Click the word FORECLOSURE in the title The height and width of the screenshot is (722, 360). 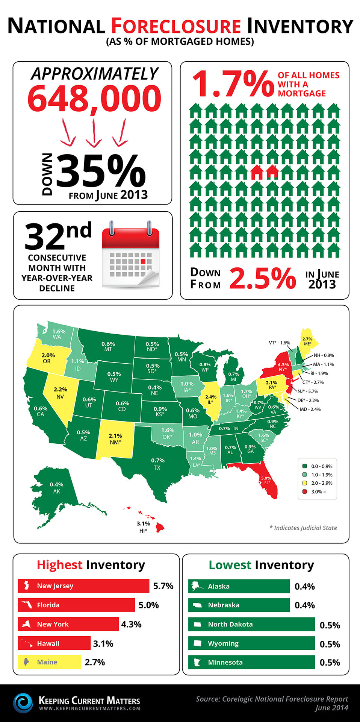coord(176,26)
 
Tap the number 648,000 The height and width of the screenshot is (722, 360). coord(94,99)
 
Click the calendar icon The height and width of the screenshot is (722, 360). coord(131,255)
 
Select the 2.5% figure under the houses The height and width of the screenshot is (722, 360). coord(263,279)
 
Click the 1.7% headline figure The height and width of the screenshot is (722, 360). coord(233,84)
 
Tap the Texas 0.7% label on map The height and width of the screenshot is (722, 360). coord(157,463)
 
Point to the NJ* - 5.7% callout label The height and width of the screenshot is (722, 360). coord(308,391)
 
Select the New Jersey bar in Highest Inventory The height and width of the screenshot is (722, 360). coord(83,586)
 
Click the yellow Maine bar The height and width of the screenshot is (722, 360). coord(49,662)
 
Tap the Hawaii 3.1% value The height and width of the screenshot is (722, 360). coord(103,643)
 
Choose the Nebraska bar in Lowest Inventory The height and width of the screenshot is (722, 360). coord(239,605)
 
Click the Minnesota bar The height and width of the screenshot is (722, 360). coord(251,662)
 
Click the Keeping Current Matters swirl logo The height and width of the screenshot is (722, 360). coord(23,702)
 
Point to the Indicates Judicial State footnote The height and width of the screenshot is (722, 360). coord(303,528)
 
